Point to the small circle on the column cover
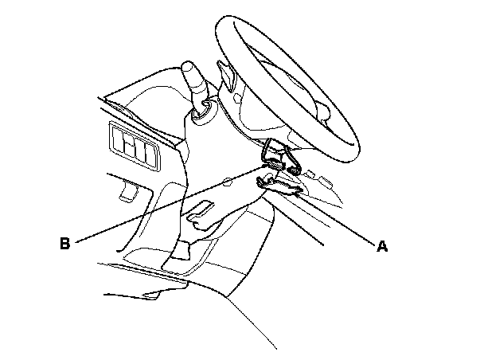coord(228,181)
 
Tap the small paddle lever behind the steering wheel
coord(228,77)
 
